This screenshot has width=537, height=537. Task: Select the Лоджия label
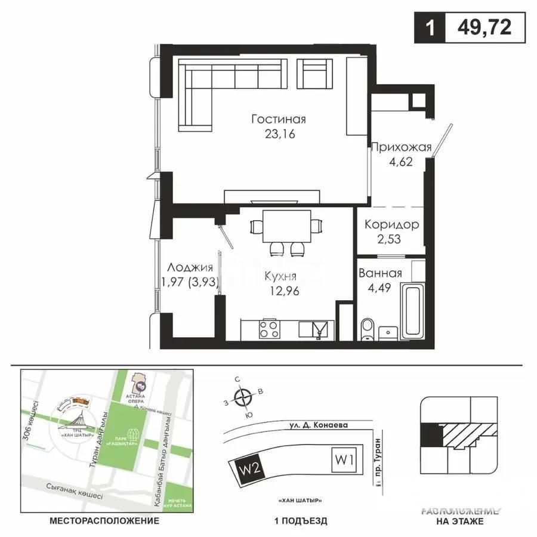(x=190, y=268)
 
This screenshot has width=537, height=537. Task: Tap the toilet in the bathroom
(x=368, y=329)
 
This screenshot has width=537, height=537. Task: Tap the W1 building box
(x=343, y=460)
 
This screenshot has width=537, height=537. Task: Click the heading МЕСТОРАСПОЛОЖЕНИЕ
(x=105, y=520)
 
